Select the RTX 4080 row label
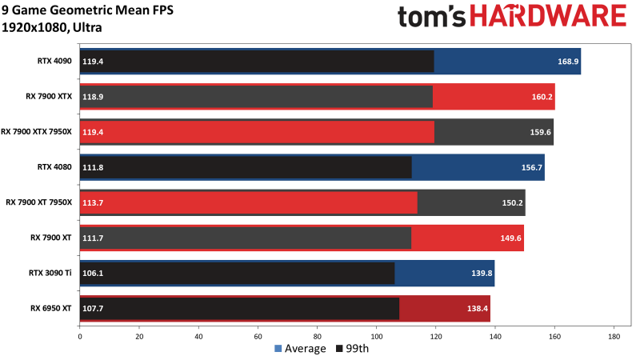click(54, 167)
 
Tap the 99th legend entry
click(353, 348)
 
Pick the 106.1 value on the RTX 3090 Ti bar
click(94, 274)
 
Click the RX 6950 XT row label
click(51, 308)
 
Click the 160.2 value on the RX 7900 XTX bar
click(540, 97)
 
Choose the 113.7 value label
click(94, 203)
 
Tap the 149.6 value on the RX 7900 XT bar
click(509, 238)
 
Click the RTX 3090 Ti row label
click(52, 273)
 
